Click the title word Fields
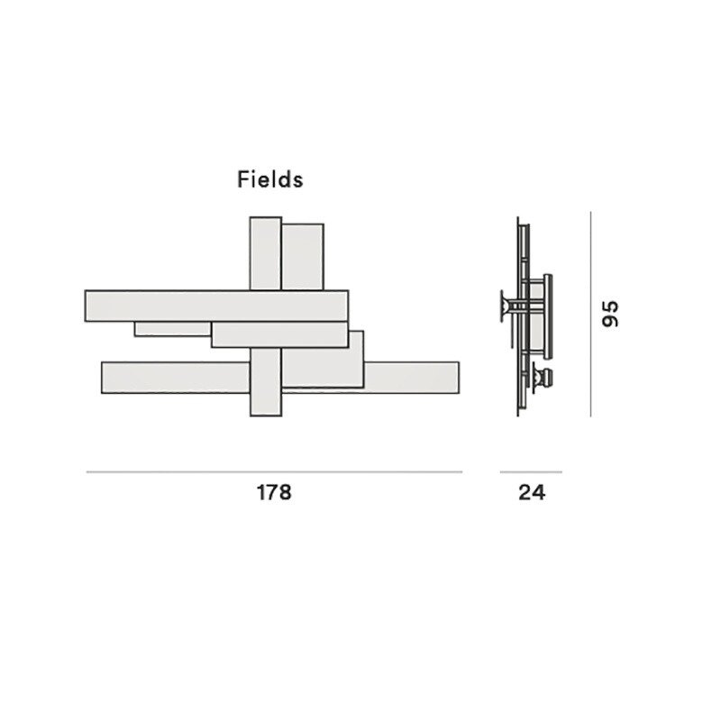click(x=270, y=179)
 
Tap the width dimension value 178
click(x=274, y=493)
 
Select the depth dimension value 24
click(x=531, y=493)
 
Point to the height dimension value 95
click(x=612, y=314)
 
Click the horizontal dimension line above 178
click(x=274, y=471)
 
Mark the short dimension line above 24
click(x=531, y=471)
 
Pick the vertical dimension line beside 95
click(x=590, y=314)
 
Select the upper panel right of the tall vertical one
click(x=303, y=256)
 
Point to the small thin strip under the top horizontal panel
click(x=171, y=329)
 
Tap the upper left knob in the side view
click(x=502, y=305)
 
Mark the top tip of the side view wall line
click(x=518, y=219)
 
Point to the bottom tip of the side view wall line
click(x=518, y=415)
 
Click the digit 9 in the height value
click(x=612, y=322)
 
